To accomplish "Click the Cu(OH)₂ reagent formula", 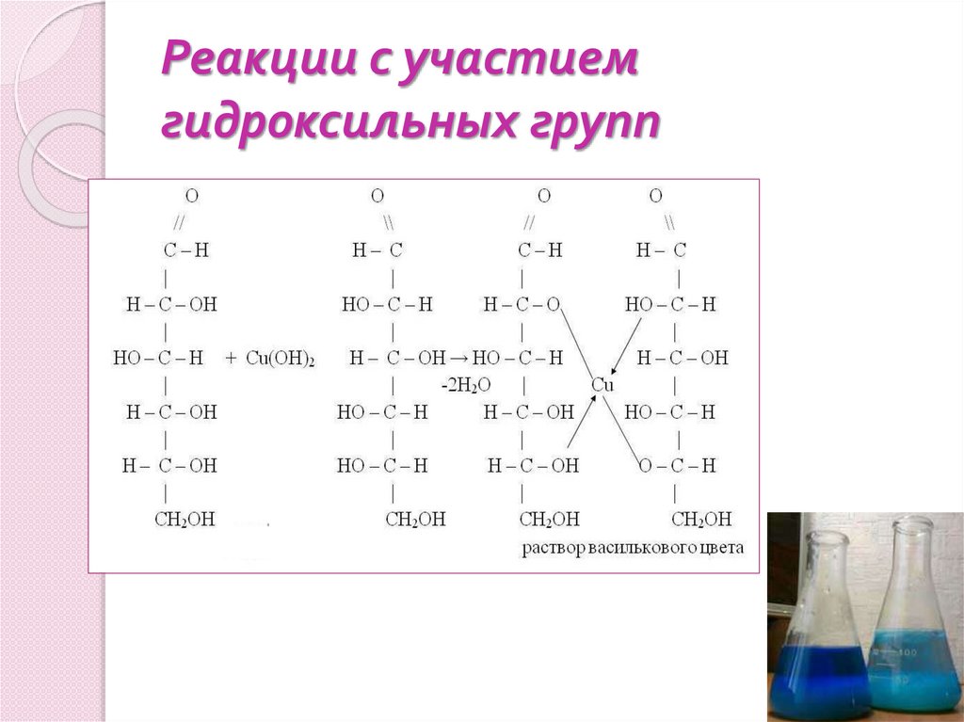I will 281,359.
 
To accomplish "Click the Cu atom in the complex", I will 602,385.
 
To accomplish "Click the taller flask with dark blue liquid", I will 816,631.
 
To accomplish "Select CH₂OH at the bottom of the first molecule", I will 185,519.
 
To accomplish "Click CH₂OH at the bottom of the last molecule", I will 701,519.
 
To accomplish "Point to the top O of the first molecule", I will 192,197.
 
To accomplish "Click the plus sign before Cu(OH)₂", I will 232,359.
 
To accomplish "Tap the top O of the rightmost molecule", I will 656,197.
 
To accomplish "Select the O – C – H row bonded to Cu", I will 676,465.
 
